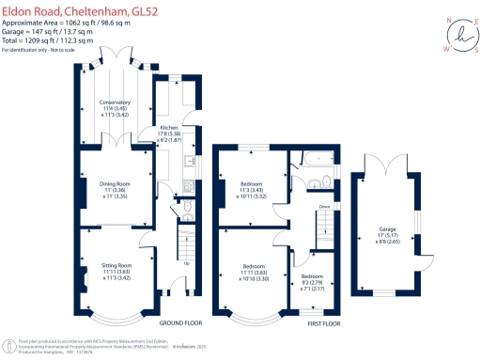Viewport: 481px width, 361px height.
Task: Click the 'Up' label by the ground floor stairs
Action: [186, 262]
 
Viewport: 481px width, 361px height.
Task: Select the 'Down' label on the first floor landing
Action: [324, 207]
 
